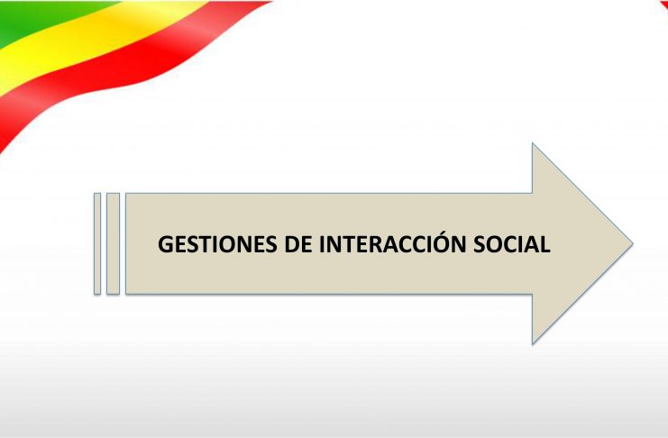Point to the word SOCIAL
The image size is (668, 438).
coord(512,244)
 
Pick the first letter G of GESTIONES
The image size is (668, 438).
coord(166,244)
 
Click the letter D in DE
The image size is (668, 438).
coord(292,244)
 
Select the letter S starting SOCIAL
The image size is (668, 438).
coord(480,244)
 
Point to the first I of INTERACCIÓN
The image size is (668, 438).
coord(323,244)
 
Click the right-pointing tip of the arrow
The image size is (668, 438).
coord(633,243)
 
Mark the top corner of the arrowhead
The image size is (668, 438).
coord(533,143)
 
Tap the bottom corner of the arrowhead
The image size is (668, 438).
coord(533,343)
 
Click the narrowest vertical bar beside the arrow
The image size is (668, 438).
coord(97,243)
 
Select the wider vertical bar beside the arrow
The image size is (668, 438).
coord(113,243)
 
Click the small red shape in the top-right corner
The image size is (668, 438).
coord(663,5)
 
